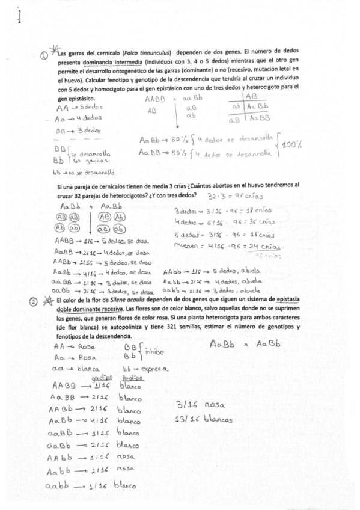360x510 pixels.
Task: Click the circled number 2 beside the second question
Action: [x=44, y=304]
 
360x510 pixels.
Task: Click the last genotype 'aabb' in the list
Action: [x=64, y=487]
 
